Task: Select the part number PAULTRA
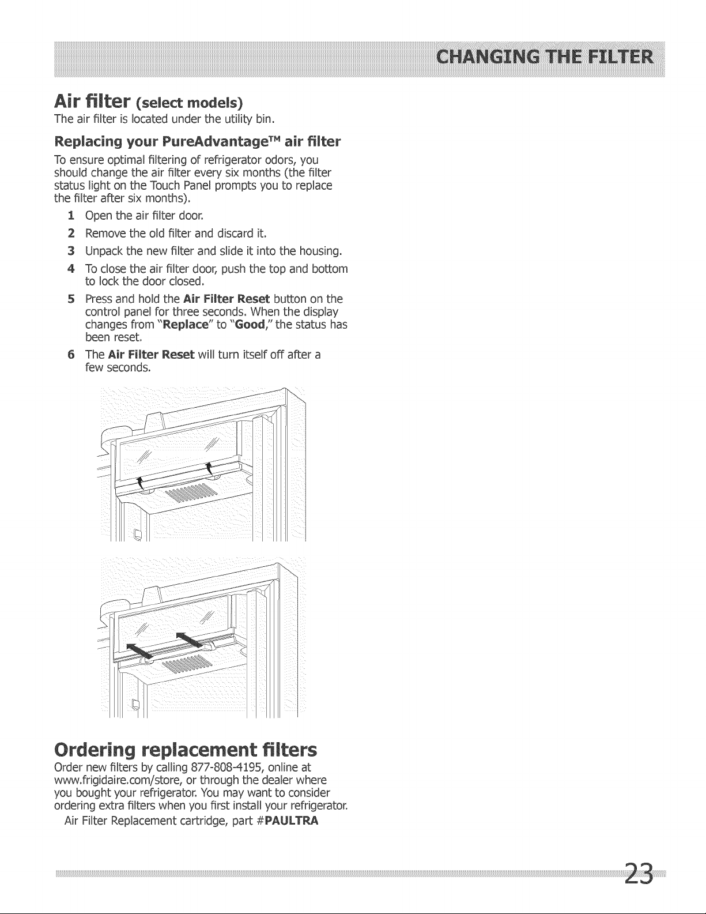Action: pos(292,821)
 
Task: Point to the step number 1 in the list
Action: pos(71,216)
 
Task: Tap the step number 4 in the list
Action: pos(71,268)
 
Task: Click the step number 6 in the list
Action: pos(71,355)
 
